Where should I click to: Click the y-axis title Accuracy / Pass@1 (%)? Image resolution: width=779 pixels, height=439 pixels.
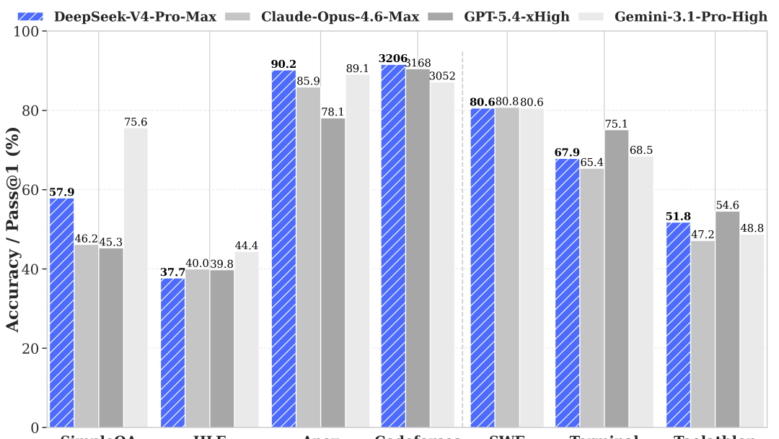click(x=12, y=230)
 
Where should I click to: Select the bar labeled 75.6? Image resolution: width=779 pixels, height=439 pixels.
click(x=136, y=278)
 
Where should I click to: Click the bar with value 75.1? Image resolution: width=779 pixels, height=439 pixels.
click(x=616, y=279)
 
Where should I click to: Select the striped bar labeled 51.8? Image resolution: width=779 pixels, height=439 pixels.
click(x=678, y=325)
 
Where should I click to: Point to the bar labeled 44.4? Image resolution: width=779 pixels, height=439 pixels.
click(x=246, y=339)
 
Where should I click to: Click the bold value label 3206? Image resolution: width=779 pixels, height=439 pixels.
click(x=393, y=58)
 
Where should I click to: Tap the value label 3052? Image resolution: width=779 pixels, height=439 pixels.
click(x=442, y=76)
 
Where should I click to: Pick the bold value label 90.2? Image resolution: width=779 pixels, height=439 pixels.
click(x=283, y=64)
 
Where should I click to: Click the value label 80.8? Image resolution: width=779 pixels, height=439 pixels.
click(x=507, y=101)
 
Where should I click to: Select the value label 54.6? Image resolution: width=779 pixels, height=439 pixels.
click(x=727, y=205)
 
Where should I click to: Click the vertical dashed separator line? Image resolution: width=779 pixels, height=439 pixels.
click(x=462, y=238)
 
